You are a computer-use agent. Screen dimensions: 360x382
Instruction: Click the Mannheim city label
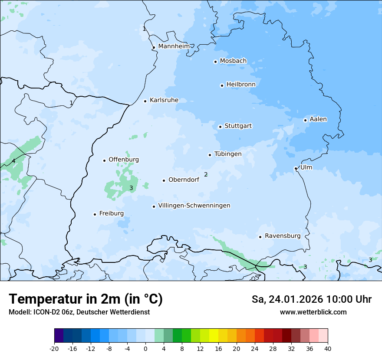pos(174,46)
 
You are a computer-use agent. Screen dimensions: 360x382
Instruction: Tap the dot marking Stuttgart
pos(220,127)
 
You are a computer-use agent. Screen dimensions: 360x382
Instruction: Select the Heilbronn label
pos(241,84)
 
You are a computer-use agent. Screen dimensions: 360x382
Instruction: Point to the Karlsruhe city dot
pos(145,101)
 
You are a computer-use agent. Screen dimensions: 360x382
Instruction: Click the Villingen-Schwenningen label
pos(194,206)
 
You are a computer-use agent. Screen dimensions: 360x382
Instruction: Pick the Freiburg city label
pos(111,213)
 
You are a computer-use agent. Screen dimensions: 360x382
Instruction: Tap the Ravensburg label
pos(283,236)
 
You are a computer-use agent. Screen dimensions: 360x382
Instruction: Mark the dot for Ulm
pos(296,168)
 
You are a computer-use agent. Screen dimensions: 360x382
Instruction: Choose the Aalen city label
pos(318,119)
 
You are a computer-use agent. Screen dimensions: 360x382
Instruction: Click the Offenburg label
pos(124,160)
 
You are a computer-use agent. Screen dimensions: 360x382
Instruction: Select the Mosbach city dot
pos(215,62)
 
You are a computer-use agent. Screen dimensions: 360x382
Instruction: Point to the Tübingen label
pos(228,154)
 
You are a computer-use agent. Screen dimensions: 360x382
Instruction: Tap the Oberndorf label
pos(184,180)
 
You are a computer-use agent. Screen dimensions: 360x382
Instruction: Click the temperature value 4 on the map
pos(13,161)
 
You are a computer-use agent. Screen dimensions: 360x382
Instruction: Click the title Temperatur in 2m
pos(86,299)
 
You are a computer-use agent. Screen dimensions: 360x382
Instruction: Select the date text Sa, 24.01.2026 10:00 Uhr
pos(312,299)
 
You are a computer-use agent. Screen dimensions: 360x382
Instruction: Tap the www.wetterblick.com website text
pos(313,312)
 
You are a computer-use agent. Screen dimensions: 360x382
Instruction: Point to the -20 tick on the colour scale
pos(54,348)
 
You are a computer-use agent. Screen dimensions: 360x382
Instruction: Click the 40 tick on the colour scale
pos(327,348)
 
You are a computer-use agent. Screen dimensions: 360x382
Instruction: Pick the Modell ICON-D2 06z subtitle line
pos(79,312)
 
